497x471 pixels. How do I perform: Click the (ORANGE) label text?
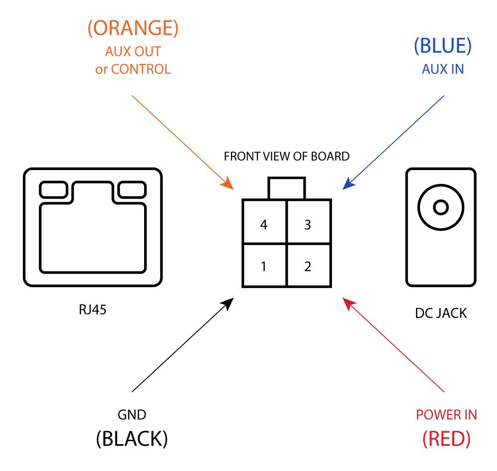(x=133, y=29)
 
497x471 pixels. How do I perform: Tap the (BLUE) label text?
(x=442, y=46)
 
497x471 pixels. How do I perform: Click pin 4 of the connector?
(x=264, y=225)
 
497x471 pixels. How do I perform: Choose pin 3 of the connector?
(x=308, y=225)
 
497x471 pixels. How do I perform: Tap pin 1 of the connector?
(x=264, y=267)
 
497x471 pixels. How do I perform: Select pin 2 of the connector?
(x=308, y=267)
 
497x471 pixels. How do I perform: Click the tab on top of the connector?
(x=286, y=189)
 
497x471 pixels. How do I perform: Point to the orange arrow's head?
(x=230, y=185)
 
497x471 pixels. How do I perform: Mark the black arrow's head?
(x=230, y=302)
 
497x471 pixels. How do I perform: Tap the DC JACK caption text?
(x=441, y=314)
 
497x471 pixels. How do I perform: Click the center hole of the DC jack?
(x=440, y=207)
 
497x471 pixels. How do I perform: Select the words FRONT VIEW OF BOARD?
(x=287, y=157)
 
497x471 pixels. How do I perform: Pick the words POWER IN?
(x=446, y=415)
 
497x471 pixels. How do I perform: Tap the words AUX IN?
(x=442, y=70)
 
